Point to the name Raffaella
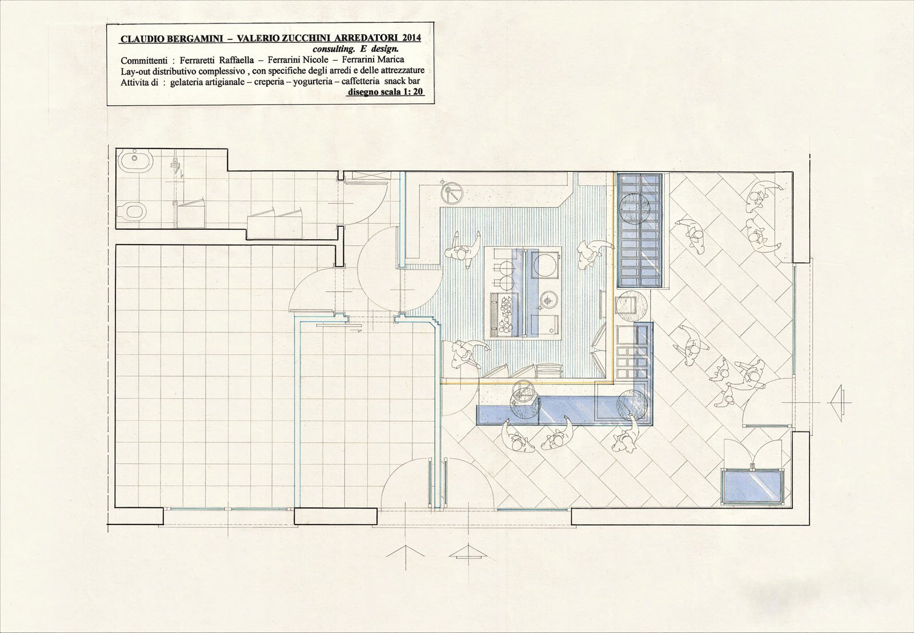237,60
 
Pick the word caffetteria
360,81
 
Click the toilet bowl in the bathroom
132,211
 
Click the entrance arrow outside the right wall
839,403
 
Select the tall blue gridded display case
640,230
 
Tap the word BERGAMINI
192,39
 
